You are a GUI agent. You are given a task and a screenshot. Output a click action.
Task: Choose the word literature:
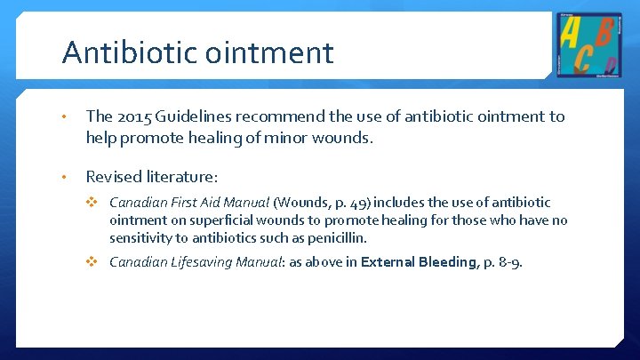183,177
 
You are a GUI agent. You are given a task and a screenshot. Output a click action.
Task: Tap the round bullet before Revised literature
66,177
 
